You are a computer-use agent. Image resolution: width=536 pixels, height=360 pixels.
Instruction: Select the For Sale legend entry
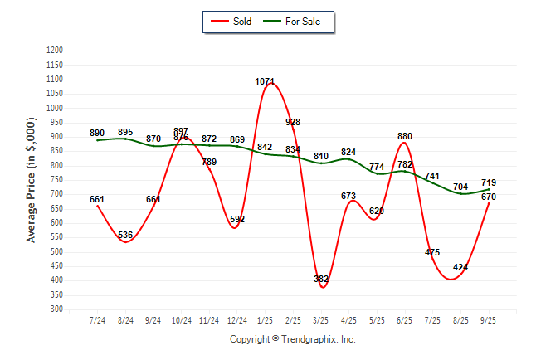[x=297, y=22]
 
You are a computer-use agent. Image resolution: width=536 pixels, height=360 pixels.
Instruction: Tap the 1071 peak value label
[x=266, y=81]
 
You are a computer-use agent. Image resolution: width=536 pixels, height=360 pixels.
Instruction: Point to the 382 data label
[x=321, y=280]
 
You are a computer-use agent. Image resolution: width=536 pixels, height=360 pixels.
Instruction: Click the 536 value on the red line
[x=125, y=236]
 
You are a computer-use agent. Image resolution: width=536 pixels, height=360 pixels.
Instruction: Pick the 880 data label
[x=405, y=136]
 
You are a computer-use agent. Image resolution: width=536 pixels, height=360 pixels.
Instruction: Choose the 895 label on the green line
[x=125, y=132]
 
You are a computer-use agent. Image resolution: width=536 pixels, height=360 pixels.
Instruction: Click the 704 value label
[x=460, y=187]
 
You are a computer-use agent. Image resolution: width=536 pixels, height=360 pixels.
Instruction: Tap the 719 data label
[x=489, y=182]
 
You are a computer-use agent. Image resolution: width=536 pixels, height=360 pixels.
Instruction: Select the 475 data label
[x=432, y=252]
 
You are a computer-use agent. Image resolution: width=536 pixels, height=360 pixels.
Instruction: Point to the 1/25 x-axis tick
[x=266, y=320]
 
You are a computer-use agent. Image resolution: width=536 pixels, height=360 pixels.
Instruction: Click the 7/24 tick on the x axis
[x=97, y=320]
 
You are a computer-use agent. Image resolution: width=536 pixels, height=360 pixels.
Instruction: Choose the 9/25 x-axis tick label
[x=489, y=320]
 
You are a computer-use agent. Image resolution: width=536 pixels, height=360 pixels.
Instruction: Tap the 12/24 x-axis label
[x=237, y=320]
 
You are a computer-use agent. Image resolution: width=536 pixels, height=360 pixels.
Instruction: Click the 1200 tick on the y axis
[x=55, y=51]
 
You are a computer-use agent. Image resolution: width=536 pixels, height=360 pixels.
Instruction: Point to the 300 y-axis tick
[x=57, y=309]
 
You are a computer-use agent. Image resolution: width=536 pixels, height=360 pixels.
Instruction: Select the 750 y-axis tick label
[x=57, y=180]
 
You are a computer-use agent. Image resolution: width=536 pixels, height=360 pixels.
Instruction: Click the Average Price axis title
[x=32, y=180]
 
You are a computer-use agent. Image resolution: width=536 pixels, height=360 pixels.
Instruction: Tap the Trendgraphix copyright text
[x=292, y=339]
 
